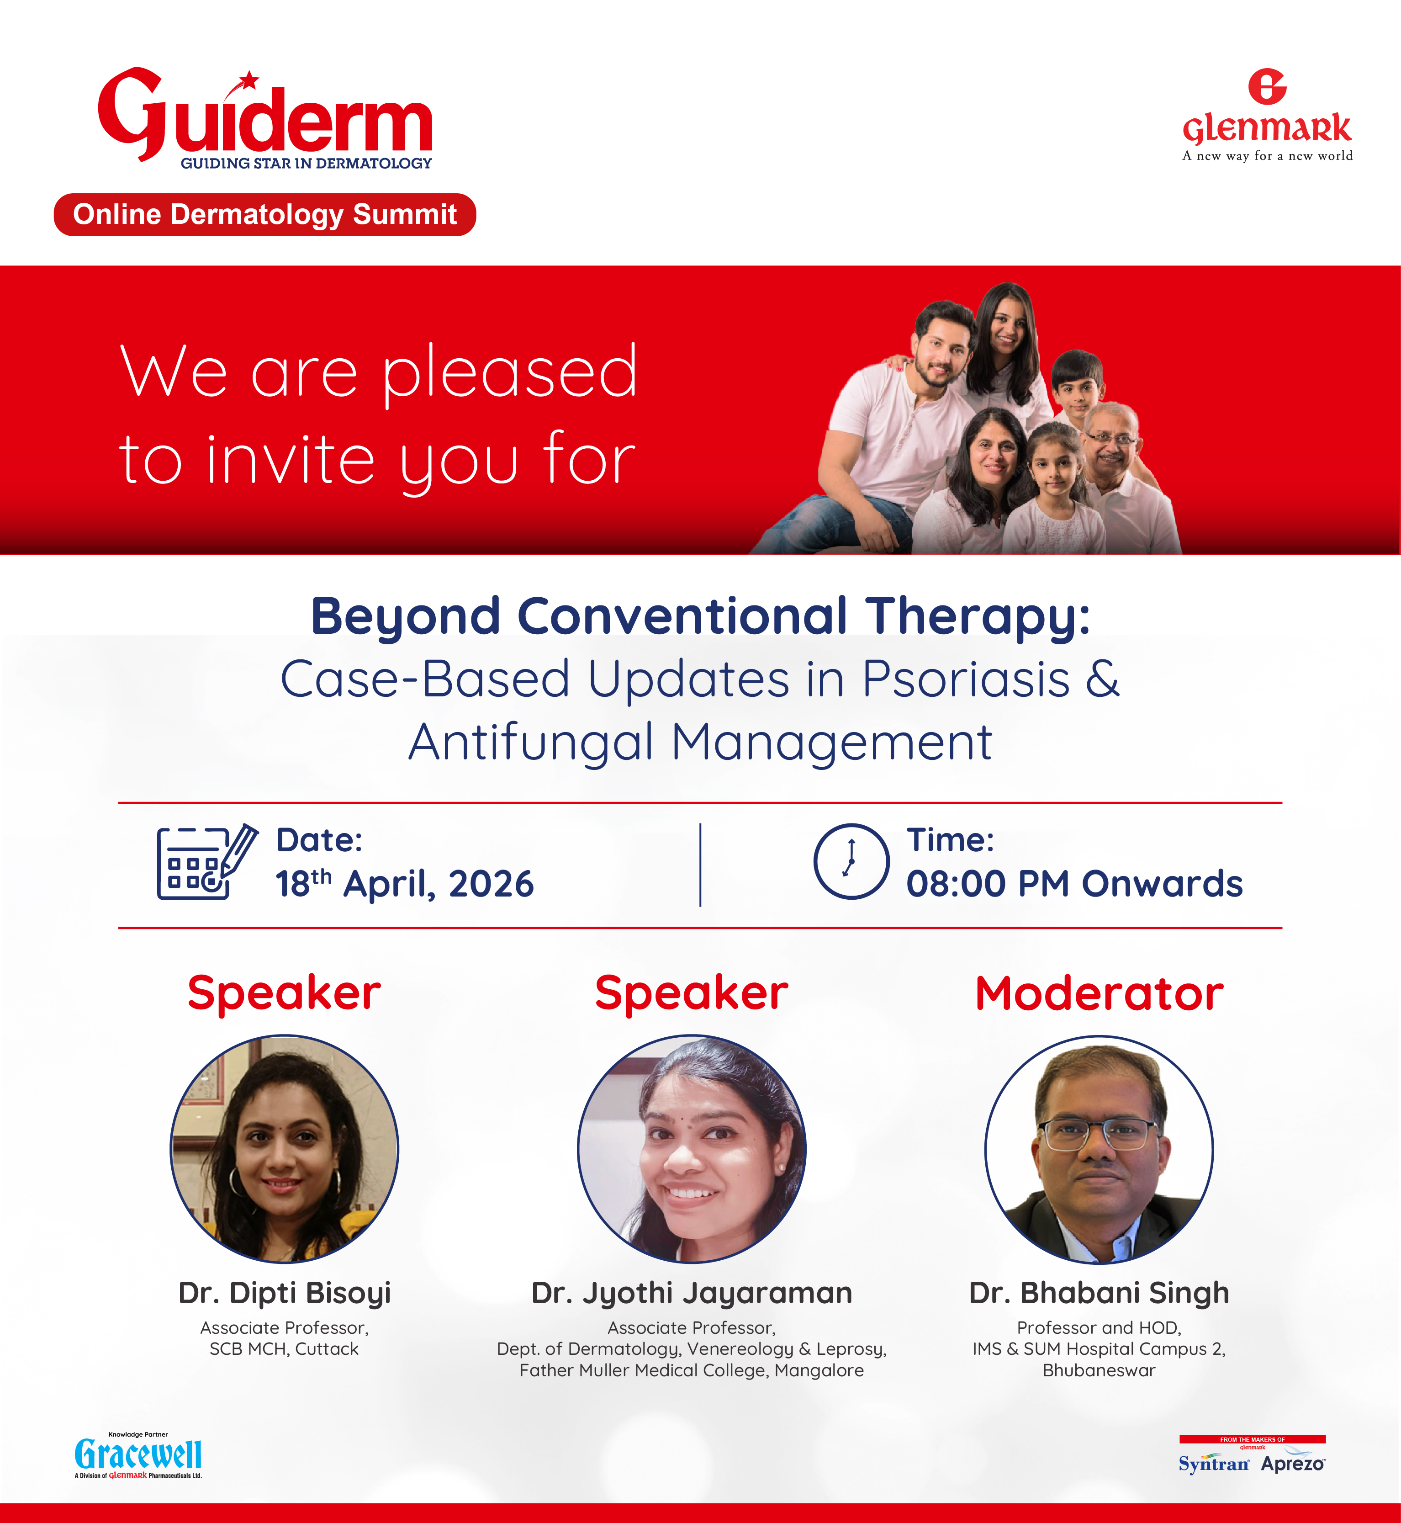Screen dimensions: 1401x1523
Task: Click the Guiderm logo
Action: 265,117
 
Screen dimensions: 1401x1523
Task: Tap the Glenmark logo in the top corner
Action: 1268,115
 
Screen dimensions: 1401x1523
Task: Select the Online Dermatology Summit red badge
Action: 264,215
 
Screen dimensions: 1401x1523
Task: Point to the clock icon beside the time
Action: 851,862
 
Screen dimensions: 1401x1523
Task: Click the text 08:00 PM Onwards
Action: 1074,884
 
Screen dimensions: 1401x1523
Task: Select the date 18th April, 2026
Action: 404,884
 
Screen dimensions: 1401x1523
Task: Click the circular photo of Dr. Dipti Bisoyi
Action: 284,1149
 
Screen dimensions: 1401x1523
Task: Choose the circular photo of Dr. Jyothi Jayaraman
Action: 692,1149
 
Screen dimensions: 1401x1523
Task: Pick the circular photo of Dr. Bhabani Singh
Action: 1099,1149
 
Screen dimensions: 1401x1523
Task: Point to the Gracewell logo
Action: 138,1455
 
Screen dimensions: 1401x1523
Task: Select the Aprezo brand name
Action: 1293,1465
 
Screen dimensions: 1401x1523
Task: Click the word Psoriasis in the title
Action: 966,679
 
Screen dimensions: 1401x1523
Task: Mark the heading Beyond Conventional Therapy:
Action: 701,616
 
